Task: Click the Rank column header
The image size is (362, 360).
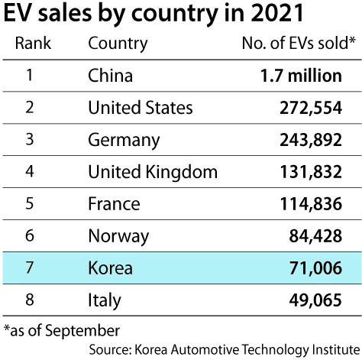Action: click(x=33, y=43)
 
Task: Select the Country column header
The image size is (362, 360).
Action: click(x=118, y=44)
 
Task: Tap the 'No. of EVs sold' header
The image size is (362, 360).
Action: click(x=299, y=43)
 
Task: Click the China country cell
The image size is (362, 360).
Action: click(x=111, y=76)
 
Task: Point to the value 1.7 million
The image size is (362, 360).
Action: click(x=301, y=76)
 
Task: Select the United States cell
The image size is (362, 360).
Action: click(x=141, y=108)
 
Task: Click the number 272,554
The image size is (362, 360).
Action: click(x=311, y=108)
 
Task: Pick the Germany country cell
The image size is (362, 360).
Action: click(x=124, y=141)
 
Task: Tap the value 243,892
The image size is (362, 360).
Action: click(x=311, y=140)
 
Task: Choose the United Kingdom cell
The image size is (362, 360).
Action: click(x=153, y=173)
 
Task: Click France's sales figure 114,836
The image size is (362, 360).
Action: click(x=311, y=204)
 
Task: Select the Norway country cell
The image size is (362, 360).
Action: click(x=118, y=237)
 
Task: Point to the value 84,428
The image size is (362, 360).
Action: click(x=315, y=236)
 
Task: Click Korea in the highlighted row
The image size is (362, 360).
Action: click(x=111, y=268)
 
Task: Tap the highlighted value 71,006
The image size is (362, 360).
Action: click(x=315, y=268)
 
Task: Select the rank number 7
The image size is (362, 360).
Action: click(x=30, y=268)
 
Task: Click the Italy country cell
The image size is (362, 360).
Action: click(x=105, y=301)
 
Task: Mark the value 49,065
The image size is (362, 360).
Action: click(x=315, y=300)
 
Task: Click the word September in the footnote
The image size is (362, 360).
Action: click(x=82, y=331)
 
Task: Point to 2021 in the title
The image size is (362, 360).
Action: click(x=277, y=13)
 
